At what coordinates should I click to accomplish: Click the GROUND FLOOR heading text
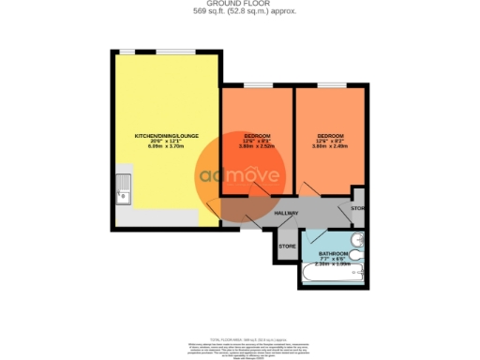point(239,5)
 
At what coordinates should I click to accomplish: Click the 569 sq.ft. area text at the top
point(239,12)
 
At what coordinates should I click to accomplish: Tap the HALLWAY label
point(286,214)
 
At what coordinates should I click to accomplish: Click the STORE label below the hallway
point(288,246)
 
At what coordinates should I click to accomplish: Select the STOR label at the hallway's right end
point(357,206)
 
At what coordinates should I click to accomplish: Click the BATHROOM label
point(333,254)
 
